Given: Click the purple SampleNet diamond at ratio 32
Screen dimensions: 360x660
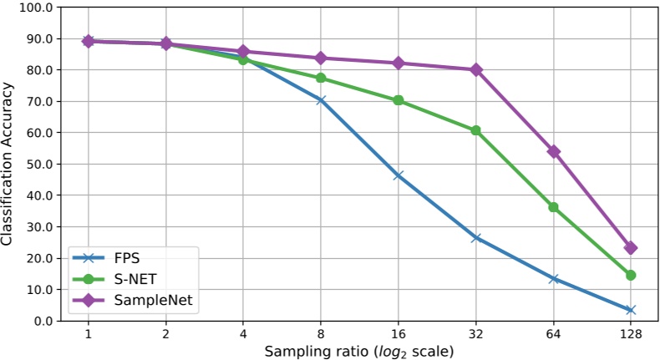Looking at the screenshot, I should (x=476, y=69).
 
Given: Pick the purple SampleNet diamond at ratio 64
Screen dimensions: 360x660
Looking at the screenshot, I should (x=553, y=151).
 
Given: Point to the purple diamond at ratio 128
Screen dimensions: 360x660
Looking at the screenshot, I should (x=631, y=248).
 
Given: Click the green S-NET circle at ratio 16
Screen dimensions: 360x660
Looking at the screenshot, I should (x=399, y=100).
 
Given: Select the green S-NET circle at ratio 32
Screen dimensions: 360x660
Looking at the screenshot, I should (x=476, y=130).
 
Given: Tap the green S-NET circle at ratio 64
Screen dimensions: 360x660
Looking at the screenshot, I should (x=553, y=206).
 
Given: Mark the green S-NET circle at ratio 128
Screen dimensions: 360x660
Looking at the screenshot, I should (x=631, y=275).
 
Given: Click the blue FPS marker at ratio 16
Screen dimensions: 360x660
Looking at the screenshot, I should (x=399, y=175).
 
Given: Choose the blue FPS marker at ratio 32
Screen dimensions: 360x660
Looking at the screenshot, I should (x=476, y=237).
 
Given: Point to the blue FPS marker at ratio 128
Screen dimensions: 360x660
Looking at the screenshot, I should (x=631, y=310).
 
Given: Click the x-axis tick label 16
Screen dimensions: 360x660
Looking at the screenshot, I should (x=399, y=334).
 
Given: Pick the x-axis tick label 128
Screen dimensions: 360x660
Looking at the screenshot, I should (x=631, y=334).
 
